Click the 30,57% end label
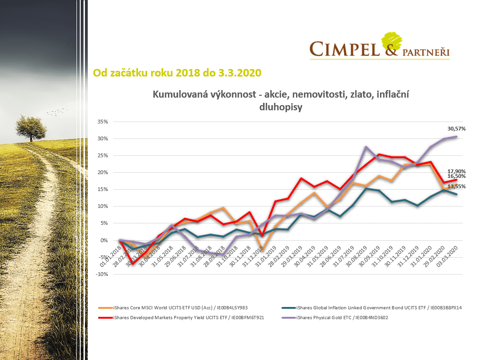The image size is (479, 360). click(x=456, y=128)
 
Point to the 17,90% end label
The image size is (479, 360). click(x=456, y=171)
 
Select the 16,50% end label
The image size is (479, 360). click(x=456, y=176)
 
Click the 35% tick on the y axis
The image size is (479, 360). click(x=102, y=122)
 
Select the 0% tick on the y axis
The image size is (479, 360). click(x=105, y=240)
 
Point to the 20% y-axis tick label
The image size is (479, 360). click(x=102, y=172)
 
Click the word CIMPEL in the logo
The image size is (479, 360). click(x=344, y=49)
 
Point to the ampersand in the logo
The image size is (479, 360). click(x=391, y=48)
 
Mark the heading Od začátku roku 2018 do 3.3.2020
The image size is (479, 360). click(x=177, y=73)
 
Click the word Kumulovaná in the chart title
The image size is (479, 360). click(x=182, y=95)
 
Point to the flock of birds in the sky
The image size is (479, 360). click(x=57, y=111)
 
